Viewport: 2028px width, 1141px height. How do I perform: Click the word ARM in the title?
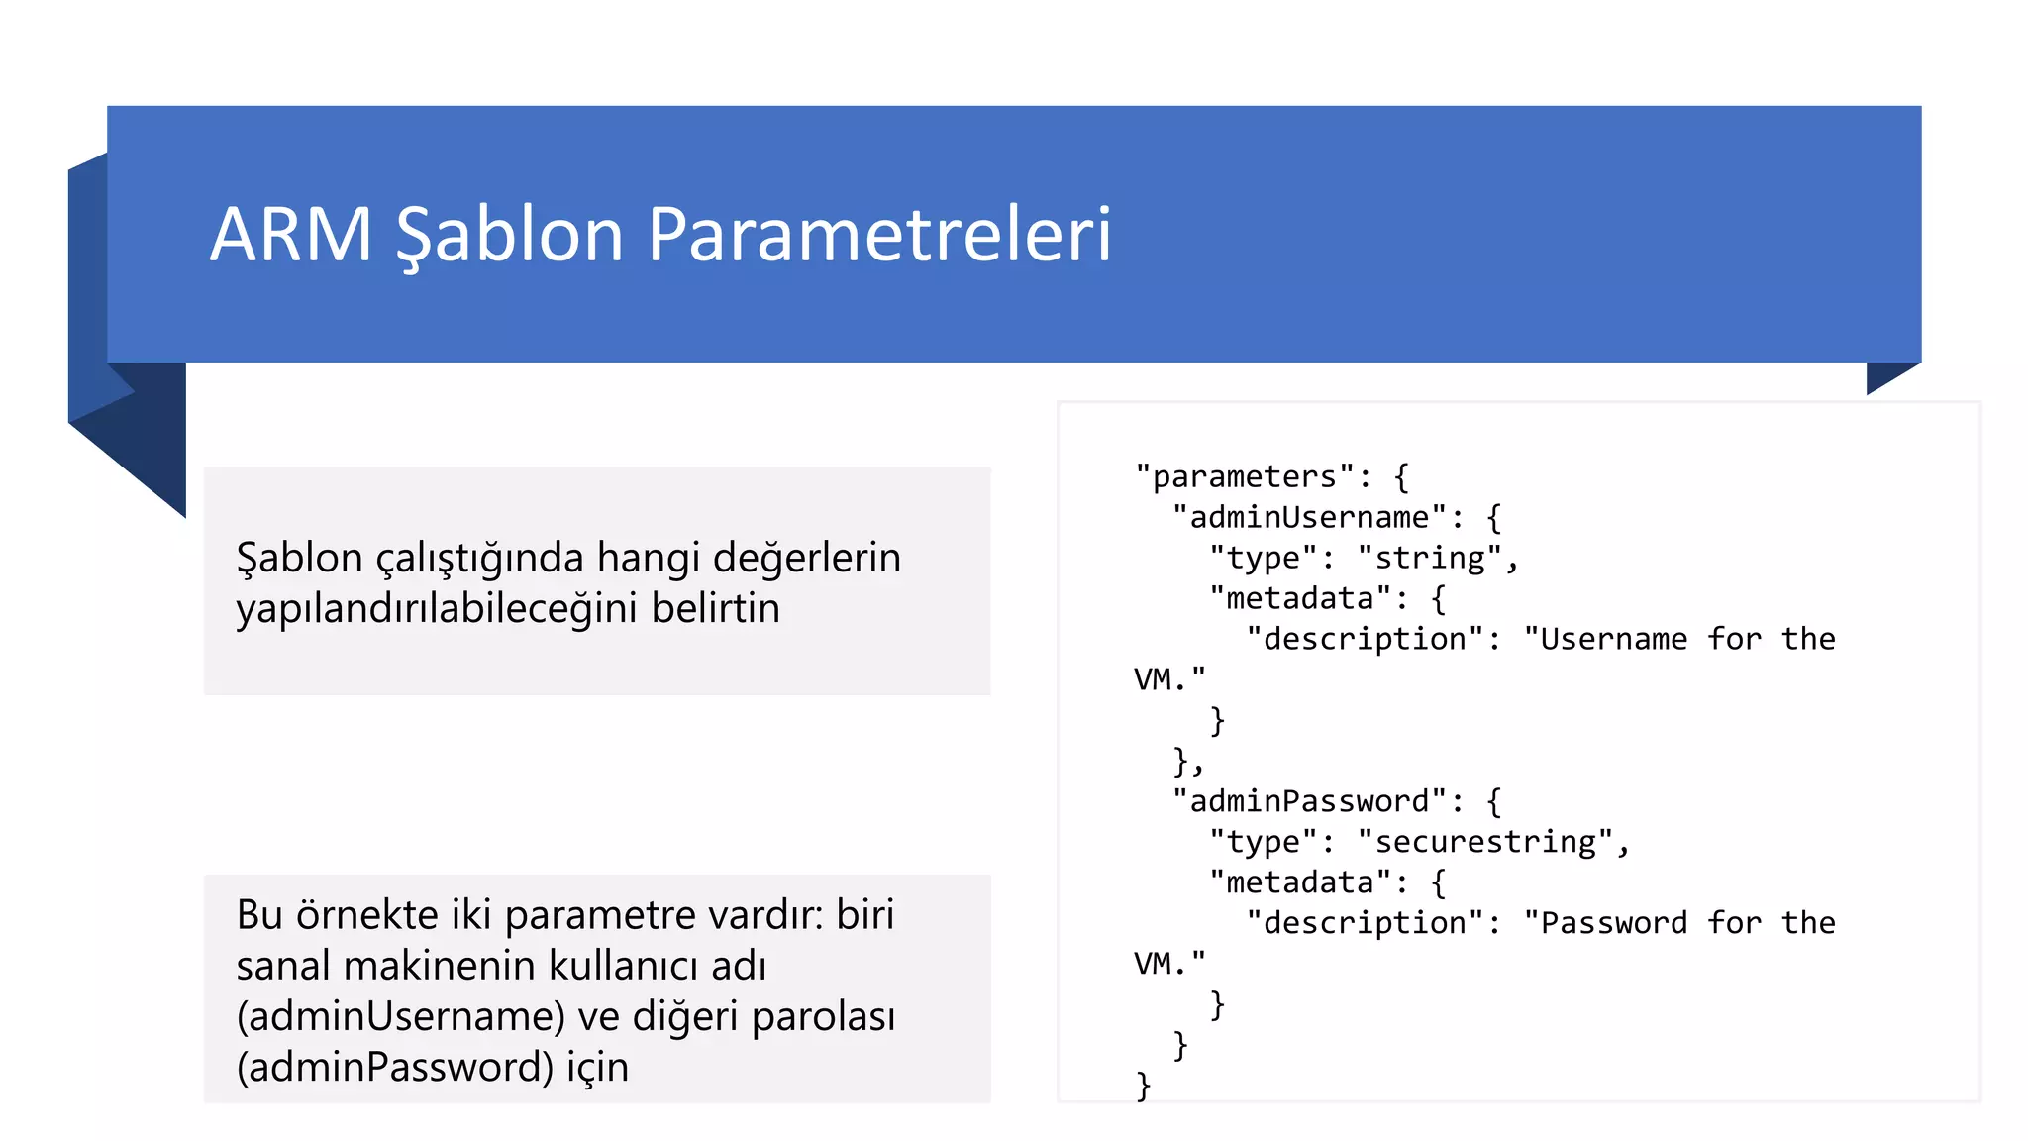click(291, 235)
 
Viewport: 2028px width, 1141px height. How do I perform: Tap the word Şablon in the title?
click(509, 235)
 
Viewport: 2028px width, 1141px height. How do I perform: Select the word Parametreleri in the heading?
click(879, 235)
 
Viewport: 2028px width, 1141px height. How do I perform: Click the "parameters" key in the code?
click(1245, 477)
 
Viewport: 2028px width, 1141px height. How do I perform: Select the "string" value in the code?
click(1430, 559)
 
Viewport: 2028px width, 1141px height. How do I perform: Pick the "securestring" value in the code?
click(1485, 842)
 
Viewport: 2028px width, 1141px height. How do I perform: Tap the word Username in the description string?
click(1604, 639)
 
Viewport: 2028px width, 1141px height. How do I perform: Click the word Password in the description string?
click(1604, 923)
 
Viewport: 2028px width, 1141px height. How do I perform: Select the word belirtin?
click(715, 608)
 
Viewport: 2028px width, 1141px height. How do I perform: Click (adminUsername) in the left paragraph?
click(400, 1016)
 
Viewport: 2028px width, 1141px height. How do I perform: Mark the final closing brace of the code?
click(1143, 1086)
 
